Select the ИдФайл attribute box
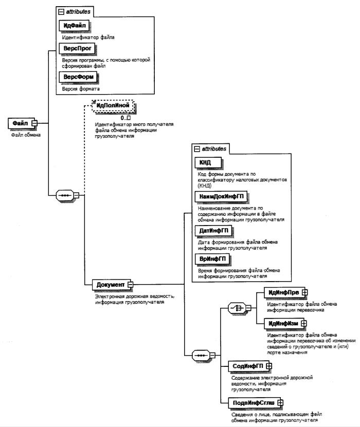pos(75,26)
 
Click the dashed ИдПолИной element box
pos(112,106)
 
